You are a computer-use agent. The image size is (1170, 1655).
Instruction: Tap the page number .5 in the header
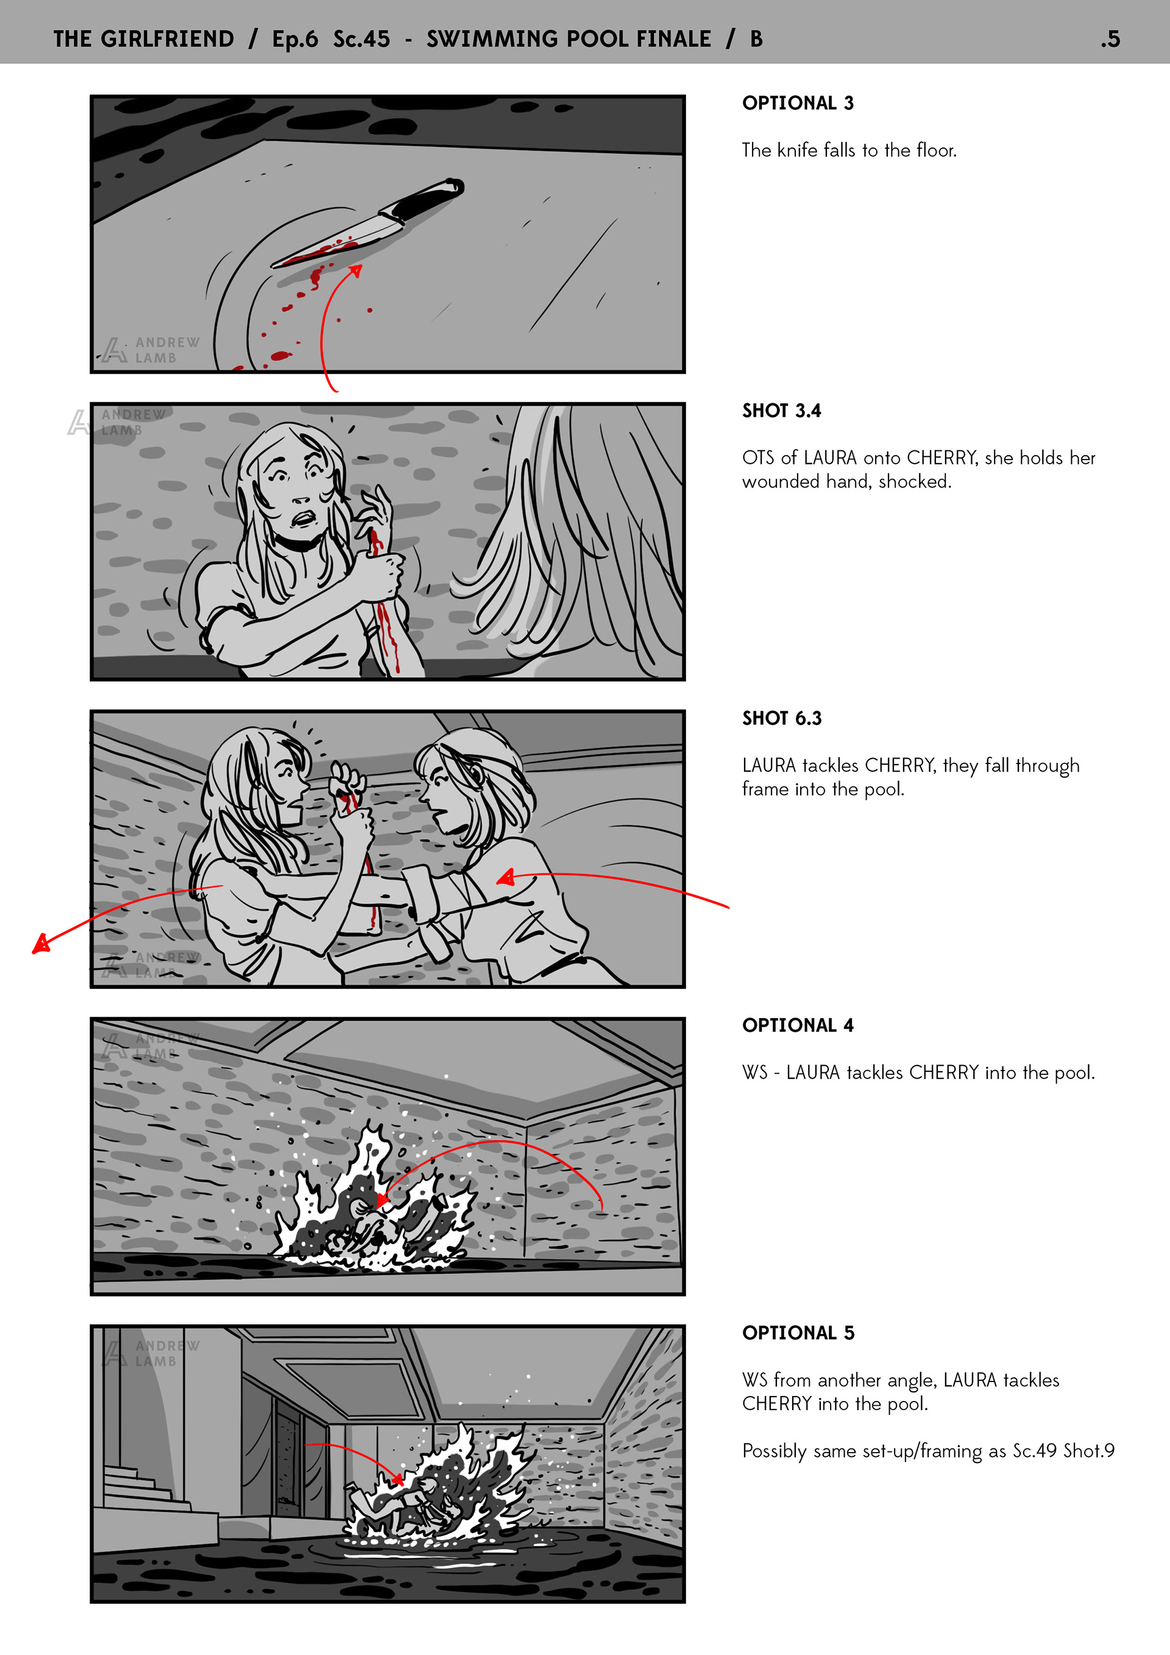click(x=1110, y=39)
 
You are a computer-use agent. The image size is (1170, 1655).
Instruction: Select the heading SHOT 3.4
click(x=781, y=411)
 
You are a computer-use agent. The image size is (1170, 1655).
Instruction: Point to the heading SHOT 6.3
click(x=781, y=718)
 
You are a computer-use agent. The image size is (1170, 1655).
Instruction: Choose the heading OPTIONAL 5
click(x=798, y=1333)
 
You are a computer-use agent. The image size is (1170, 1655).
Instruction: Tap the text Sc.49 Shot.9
click(x=1063, y=1450)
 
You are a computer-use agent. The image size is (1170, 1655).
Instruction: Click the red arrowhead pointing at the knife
click(x=355, y=271)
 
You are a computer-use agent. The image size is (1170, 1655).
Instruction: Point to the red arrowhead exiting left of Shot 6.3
click(x=41, y=943)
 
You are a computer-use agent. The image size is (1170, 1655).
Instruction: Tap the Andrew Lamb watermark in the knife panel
click(x=150, y=350)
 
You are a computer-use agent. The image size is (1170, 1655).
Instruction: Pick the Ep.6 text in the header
click(x=295, y=40)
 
